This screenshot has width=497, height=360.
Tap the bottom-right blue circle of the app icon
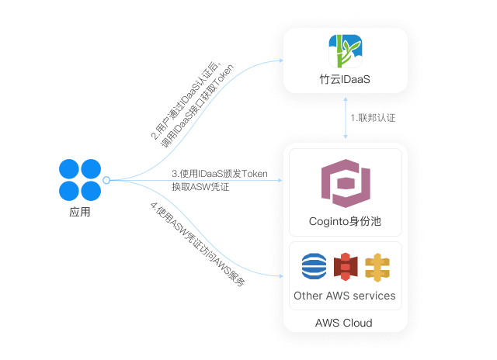click(x=91, y=190)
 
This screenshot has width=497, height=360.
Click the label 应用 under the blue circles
click(x=80, y=211)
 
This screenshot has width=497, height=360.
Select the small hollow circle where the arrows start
click(x=107, y=180)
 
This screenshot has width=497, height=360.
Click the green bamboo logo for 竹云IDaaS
click(x=345, y=51)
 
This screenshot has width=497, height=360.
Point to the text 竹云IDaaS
click(x=345, y=80)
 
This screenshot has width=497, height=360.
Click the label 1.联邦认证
click(x=372, y=118)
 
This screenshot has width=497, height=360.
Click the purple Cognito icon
click(x=345, y=185)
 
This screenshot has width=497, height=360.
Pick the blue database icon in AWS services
click(x=315, y=266)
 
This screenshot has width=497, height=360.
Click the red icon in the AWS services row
click(x=345, y=266)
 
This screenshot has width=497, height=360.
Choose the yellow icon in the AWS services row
click(x=376, y=266)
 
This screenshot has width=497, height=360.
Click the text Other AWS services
click(x=345, y=296)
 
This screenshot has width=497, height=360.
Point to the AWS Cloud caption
click(x=344, y=323)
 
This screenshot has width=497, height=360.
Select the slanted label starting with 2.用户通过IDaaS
click(x=190, y=103)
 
